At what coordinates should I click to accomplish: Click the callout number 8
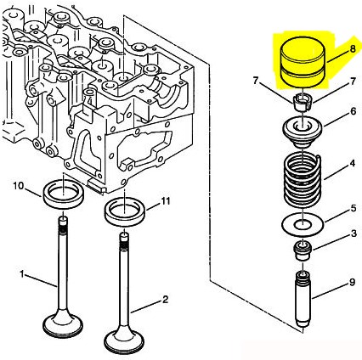click(x=352, y=48)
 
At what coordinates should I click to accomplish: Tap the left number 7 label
click(x=256, y=82)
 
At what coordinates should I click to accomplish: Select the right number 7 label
click(x=353, y=82)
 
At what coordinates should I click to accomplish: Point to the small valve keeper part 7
click(x=303, y=102)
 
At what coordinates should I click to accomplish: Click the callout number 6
click(x=353, y=111)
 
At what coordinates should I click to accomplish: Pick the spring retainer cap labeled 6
click(x=303, y=132)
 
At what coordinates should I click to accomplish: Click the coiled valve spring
click(x=303, y=180)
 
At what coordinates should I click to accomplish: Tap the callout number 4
click(x=352, y=164)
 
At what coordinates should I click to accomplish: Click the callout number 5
click(x=354, y=208)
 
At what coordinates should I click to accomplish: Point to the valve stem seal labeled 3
click(x=303, y=250)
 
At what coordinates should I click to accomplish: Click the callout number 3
click(x=354, y=233)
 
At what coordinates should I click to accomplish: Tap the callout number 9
click(x=352, y=282)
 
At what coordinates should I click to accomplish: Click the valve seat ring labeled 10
click(x=63, y=194)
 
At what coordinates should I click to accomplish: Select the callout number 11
click(x=166, y=201)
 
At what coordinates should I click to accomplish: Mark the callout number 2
click(x=165, y=299)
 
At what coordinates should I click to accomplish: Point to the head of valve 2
click(x=124, y=340)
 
